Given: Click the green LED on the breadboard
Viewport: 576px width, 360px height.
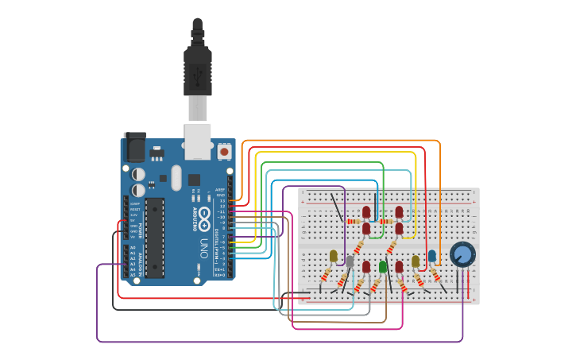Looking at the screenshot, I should tap(383, 266).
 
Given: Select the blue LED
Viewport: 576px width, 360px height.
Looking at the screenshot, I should tap(432, 256).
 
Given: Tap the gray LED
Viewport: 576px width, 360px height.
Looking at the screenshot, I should tap(350, 261).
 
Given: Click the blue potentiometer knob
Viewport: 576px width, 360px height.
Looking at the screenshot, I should tap(462, 254).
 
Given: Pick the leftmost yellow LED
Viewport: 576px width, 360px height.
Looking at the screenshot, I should tap(334, 257).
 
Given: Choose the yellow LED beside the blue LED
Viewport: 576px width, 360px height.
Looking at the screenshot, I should tap(416, 261).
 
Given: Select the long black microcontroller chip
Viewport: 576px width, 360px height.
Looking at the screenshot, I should tap(154, 238).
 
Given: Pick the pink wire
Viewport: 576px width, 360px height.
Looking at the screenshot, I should tap(350, 327).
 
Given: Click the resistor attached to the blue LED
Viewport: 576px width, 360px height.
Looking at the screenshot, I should tap(436, 275).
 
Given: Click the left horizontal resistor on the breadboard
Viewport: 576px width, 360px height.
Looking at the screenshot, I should tap(355, 221).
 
